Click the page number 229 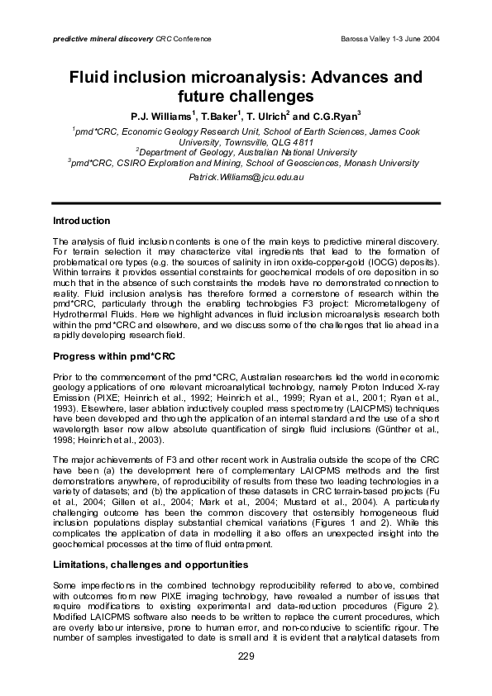click(x=246, y=656)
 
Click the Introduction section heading click(x=81, y=221)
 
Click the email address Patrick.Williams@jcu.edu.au click(x=247, y=178)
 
